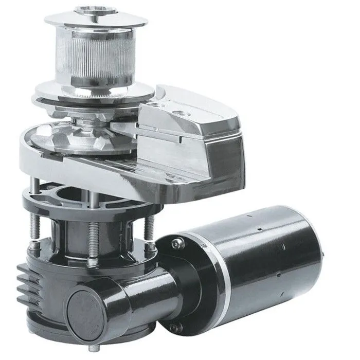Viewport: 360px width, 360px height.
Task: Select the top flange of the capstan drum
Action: click(97, 21)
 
